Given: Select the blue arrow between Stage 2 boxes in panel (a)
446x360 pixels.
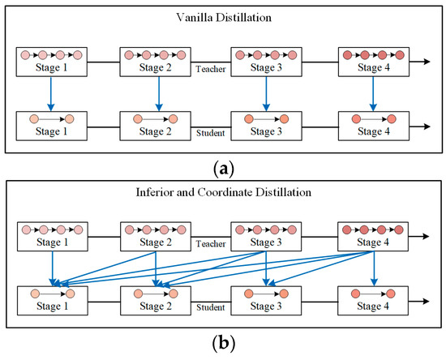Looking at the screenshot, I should coord(159,93).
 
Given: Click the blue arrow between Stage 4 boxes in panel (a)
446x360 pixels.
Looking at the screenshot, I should coord(373,93).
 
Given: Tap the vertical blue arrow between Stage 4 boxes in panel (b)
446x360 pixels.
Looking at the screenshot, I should coord(373,268).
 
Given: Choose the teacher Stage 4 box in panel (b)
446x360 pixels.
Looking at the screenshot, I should coord(373,236).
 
